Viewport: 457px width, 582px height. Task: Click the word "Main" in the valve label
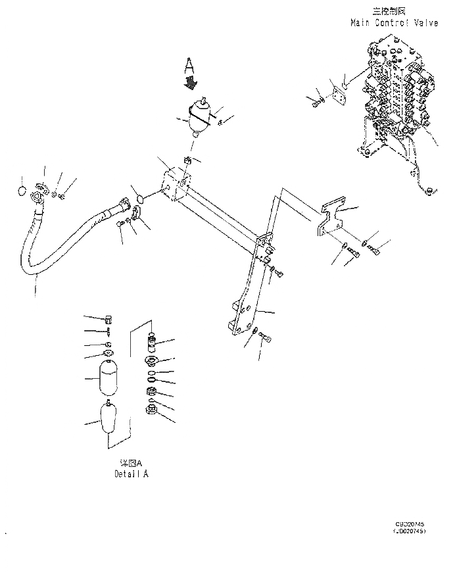[x=361, y=22]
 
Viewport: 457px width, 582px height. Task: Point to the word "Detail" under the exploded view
[x=125, y=473]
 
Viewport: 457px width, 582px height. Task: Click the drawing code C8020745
[x=409, y=524]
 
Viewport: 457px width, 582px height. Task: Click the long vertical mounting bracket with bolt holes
[x=253, y=289]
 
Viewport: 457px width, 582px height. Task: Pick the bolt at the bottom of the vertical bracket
[x=264, y=337]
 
